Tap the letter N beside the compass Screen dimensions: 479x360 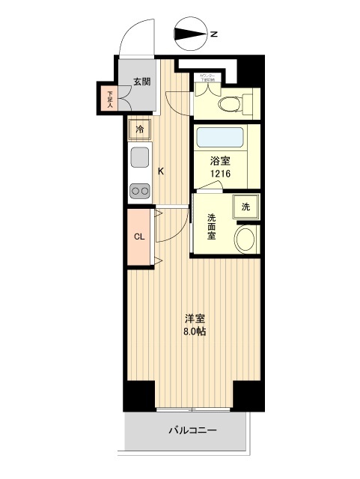(x=213, y=34)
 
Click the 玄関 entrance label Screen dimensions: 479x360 (x=142, y=82)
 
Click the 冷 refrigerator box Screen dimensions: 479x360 (x=140, y=129)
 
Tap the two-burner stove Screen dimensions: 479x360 (x=140, y=190)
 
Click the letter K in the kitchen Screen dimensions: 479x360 (x=160, y=170)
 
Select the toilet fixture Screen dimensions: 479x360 (x=239, y=103)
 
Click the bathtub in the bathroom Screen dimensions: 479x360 (x=222, y=138)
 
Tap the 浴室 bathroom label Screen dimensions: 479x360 (x=219, y=160)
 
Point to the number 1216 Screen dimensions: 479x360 (x=220, y=174)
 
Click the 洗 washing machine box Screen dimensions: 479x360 (x=245, y=207)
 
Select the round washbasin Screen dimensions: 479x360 (x=244, y=239)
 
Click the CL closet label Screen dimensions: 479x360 (x=139, y=237)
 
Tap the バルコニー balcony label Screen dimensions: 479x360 (x=192, y=431)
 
